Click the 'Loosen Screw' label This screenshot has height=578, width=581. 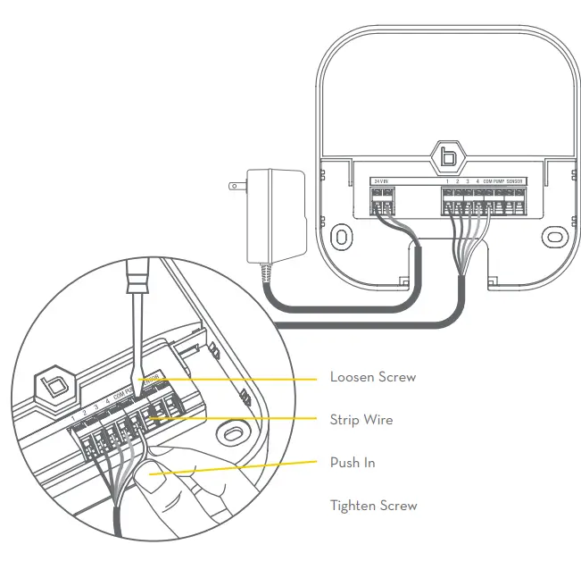click(373, 377)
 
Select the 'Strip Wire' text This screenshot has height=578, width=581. click(361, 420)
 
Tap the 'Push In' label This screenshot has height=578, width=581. click(353, 463)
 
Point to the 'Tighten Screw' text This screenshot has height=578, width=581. click(374, 506)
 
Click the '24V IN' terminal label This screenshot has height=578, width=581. click(380, 181)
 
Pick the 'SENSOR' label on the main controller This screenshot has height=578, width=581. click(516, 181)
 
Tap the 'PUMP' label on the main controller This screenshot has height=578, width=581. click(499, 181)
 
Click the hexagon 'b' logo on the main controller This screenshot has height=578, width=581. click(448, 157)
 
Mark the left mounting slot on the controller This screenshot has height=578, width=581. click(341, 238)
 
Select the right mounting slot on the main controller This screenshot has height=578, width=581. click(555, 237)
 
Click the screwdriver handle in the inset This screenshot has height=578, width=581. click(139, 295)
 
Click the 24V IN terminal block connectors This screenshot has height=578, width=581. click(382, 205)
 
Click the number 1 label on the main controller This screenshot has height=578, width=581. click(447, 181)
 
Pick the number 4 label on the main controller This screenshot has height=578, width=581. click(477, 181)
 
